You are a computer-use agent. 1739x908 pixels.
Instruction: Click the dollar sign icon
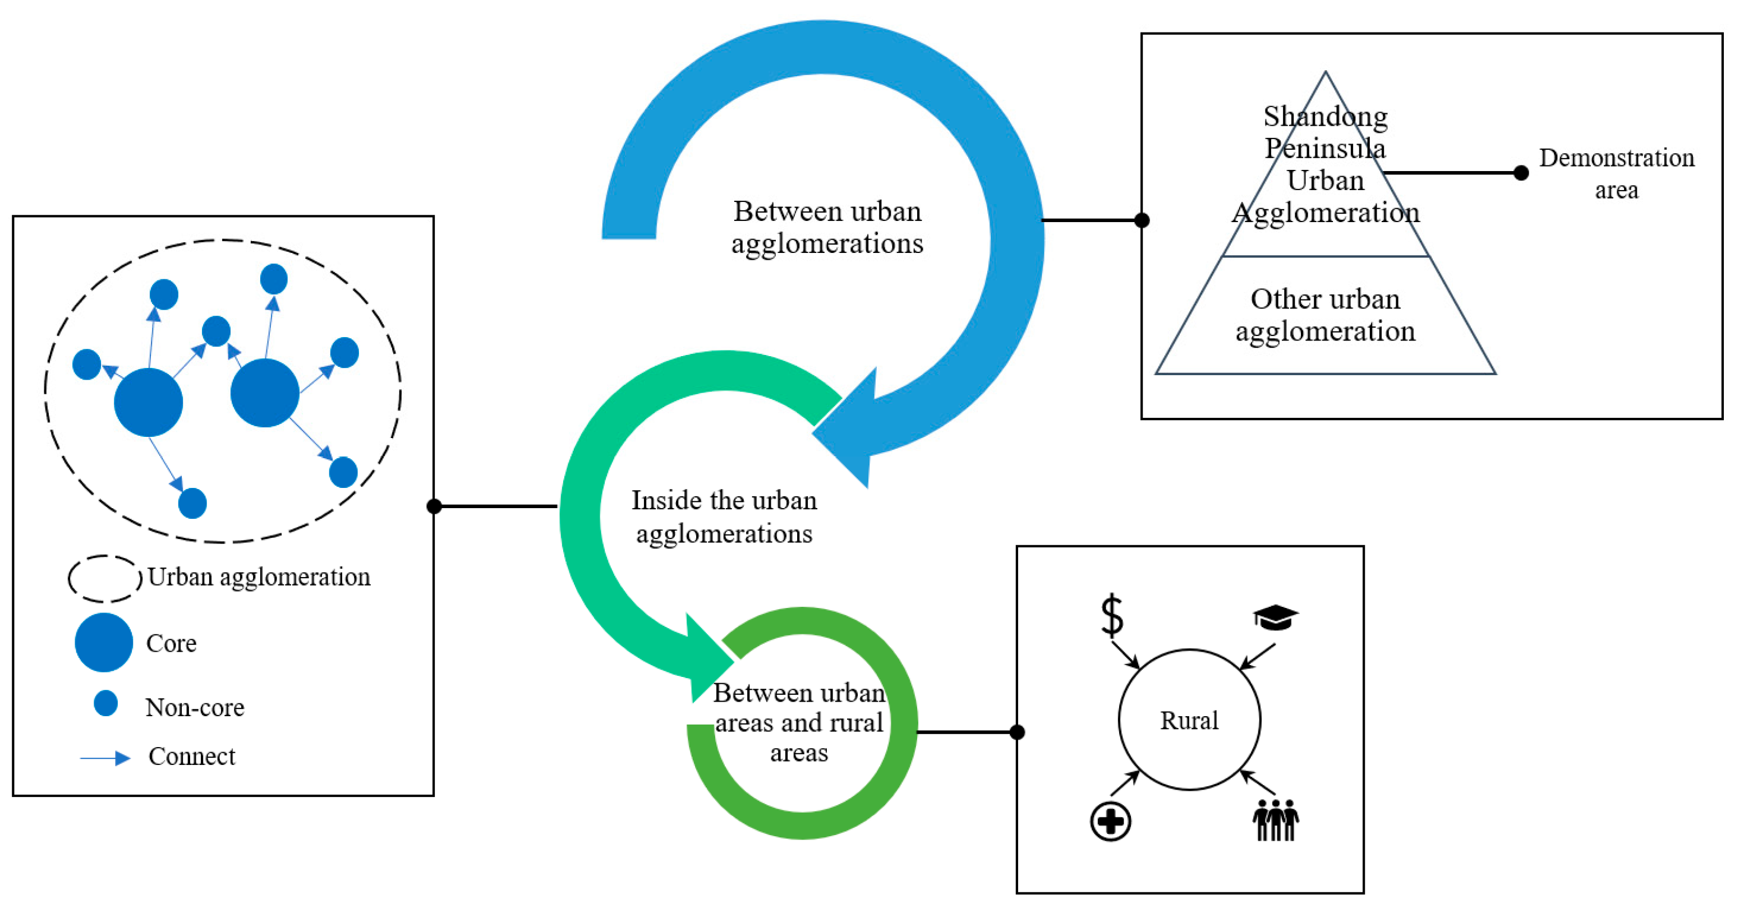pos(1111,615)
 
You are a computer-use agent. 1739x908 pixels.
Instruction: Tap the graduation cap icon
pos(1275,617)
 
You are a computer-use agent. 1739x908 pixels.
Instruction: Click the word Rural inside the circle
pos(1189,720)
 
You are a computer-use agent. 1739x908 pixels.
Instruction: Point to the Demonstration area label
pos(1616,173)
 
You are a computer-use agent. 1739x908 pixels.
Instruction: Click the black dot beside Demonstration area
pos(1521,173)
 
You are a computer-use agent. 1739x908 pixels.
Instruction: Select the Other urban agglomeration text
pos(1324,315)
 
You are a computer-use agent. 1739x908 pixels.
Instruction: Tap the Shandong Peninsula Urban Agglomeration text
pos(1325,165)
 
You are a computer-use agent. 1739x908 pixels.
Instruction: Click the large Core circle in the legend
pos(104,642)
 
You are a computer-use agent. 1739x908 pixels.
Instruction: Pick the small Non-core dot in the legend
pos(106,703)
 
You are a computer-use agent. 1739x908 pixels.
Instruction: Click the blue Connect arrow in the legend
pos(105,758)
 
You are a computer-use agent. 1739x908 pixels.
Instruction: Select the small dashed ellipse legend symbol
pos(105,579)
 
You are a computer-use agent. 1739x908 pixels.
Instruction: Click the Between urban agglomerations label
pos(827,228)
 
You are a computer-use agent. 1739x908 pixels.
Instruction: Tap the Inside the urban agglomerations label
pos(724,517)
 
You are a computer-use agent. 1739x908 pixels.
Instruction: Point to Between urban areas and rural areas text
pos(799,722)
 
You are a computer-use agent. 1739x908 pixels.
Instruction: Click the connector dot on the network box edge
pos(434,506)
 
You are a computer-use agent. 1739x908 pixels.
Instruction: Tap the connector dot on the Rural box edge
pos(1018,732)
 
